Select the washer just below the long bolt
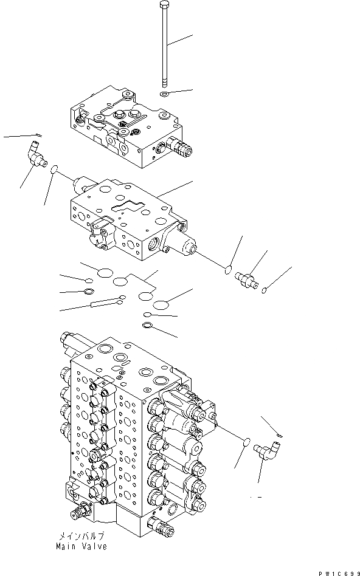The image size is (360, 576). (165, 94)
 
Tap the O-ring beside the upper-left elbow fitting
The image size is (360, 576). (55, 170)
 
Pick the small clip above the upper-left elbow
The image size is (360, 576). (37, 135)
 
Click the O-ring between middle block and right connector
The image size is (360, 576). (228, 269)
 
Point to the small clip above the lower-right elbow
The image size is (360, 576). (277, 435)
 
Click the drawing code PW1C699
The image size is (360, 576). (337, 571)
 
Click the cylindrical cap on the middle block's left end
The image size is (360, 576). (81, 183)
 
